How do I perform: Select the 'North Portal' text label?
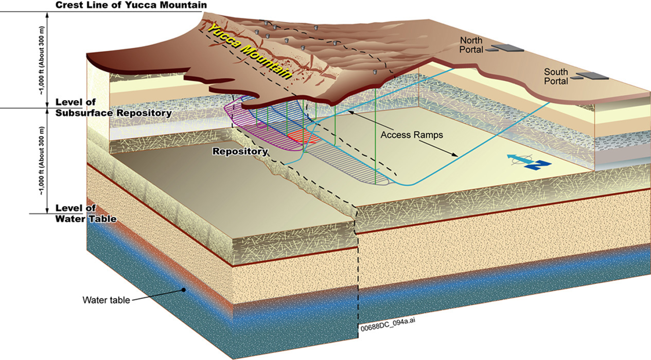point(471,45)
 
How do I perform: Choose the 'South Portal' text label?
point(556,77)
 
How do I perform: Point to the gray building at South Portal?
point(592,77)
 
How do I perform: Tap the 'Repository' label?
point(240,152)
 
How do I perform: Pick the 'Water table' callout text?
point(105,299)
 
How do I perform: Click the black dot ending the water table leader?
point(183,290)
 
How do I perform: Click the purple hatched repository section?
point(257,129)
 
